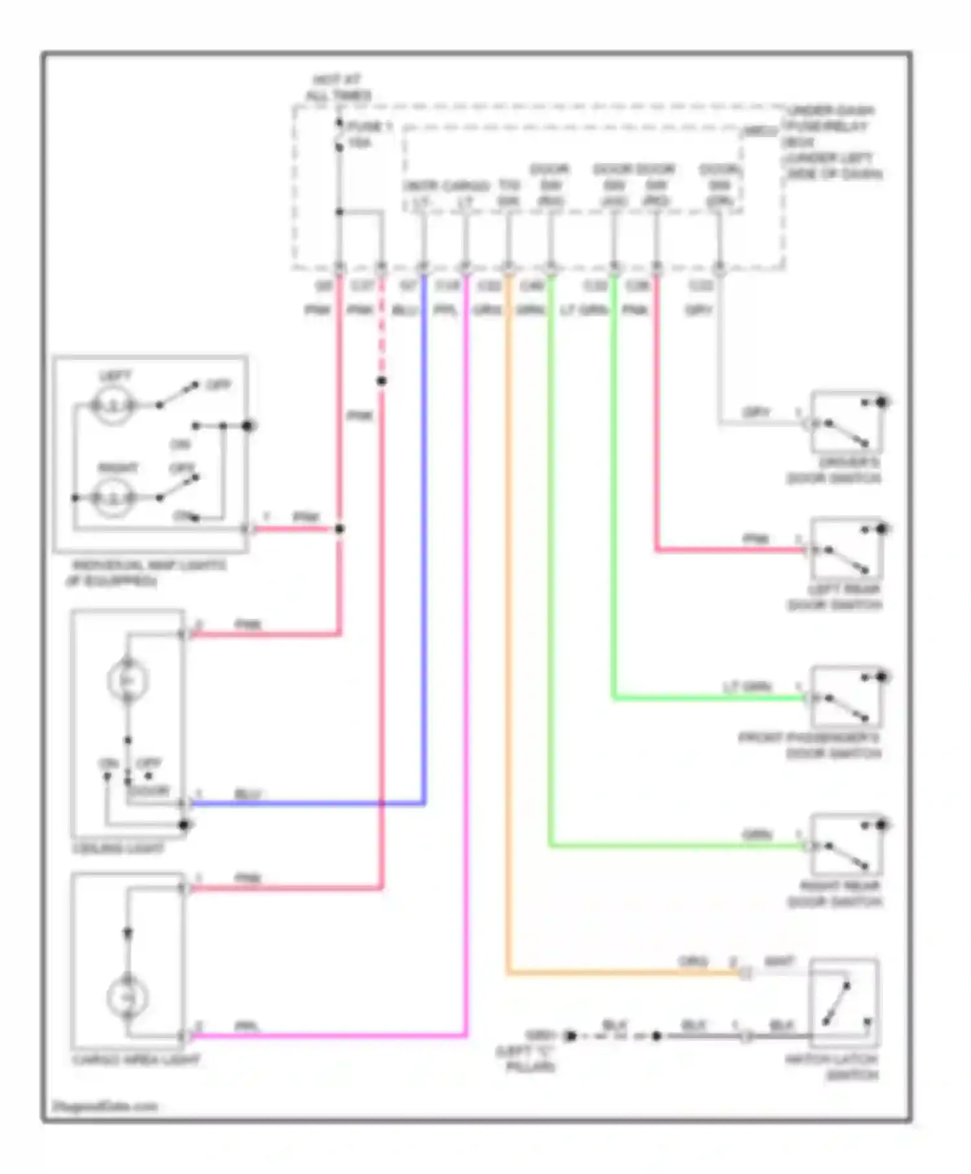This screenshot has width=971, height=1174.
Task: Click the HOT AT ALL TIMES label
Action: coord(338,87)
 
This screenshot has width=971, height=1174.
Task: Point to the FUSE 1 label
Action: coord(369,126)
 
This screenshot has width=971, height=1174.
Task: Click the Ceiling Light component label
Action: coord(119,848)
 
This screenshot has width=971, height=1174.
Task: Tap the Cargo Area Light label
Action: coord(137,1060)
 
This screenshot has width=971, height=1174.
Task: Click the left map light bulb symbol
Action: coord(113,406)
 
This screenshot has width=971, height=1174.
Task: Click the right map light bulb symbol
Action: coord(113,498)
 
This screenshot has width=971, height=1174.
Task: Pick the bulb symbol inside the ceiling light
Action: coord(128,680)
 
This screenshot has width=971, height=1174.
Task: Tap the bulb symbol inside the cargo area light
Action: coord(128,997)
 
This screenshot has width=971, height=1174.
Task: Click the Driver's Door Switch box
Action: coord(846,422)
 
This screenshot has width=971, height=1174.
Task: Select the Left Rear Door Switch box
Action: coord(846,549)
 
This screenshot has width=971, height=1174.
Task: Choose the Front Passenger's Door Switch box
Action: coord(846,697)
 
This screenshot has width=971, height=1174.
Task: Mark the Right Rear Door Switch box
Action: coord(846,845)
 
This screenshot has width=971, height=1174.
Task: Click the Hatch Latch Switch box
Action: coord(843,1002)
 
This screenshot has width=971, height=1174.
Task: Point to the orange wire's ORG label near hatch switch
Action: coord(693,962)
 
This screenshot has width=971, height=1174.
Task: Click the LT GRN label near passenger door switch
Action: coord(747,687)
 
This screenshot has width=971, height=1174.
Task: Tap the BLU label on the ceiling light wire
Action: coord(248,794)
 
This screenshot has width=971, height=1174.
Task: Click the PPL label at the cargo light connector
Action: coord(247,1026)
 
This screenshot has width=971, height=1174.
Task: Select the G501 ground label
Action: coord(540,1035)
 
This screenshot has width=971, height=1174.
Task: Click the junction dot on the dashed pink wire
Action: coord(381,381)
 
